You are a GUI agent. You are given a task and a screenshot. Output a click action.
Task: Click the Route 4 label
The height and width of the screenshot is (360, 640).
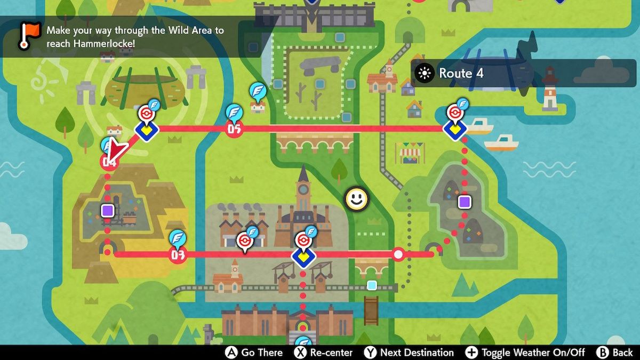[x=461, y=74]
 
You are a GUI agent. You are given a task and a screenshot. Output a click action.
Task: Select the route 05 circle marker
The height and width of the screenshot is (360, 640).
[x=234, y=129]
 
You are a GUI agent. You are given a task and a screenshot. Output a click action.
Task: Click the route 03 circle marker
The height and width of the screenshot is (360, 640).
[x=178, y=255]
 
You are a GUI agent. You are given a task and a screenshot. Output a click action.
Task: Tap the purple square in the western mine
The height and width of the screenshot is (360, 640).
[x=108, y=210]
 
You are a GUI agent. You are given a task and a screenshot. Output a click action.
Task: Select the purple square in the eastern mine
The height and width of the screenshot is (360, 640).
[x=464, y=202]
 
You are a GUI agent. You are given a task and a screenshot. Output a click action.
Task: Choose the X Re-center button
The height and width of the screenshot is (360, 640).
[x=324, y=353]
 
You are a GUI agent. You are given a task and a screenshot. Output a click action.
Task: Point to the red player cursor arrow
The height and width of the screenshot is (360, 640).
[x=116, y=150]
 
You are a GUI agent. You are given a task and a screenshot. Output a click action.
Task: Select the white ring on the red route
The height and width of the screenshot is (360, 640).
[x=398, y=254]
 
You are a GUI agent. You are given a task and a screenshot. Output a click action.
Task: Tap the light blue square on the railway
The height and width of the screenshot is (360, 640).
[x=372, y=285]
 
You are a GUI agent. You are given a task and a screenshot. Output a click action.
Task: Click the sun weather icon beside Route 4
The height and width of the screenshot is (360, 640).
[x=425, y=74]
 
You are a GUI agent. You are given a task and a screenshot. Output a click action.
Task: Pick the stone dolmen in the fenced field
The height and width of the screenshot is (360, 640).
[x=320, y=65]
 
